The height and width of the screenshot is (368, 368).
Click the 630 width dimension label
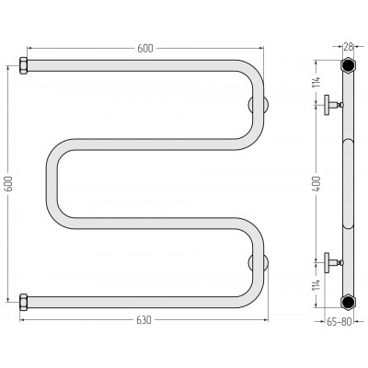point(144,320)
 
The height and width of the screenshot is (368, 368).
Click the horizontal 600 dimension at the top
point(144,48)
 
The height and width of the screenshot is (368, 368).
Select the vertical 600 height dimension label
point(8,184)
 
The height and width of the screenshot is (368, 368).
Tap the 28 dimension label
point(348,47)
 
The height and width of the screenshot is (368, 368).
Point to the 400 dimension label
point(316,184)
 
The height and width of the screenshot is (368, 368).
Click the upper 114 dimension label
point(316,82)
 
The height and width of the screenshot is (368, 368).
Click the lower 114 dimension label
point(316,284)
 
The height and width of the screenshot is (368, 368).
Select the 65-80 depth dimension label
point(339,321)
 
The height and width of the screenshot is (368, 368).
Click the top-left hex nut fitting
point(24,65)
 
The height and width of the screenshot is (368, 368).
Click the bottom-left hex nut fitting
point(24,303)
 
